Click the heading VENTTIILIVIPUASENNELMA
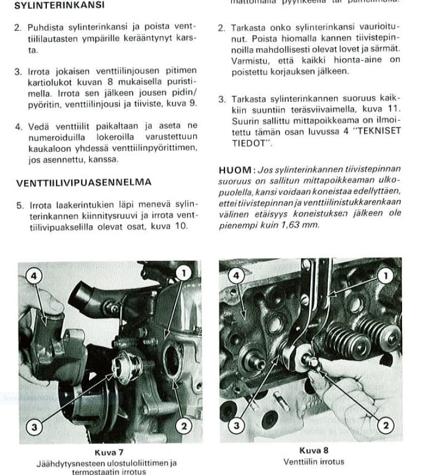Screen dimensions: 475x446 click(x=84, y=182)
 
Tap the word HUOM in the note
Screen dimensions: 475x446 click(x=236, y=170)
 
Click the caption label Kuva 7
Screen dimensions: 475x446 click(x=109, y=453)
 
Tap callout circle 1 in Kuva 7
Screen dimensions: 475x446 click(x=183, y=273)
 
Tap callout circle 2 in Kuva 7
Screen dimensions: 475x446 click(x=184, y=427)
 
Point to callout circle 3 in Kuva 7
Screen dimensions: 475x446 click(x=35, y=427)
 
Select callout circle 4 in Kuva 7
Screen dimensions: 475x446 click(x=35, y=276)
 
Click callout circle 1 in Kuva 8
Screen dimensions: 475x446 click(x=385, y=275)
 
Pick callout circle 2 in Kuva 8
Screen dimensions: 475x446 click(x=385, y=425)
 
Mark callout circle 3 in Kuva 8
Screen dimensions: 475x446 click(x=237, y=425)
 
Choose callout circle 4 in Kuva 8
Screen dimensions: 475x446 click(x=236, y=275)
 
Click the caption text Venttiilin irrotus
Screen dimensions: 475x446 click(x=313, y=462)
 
